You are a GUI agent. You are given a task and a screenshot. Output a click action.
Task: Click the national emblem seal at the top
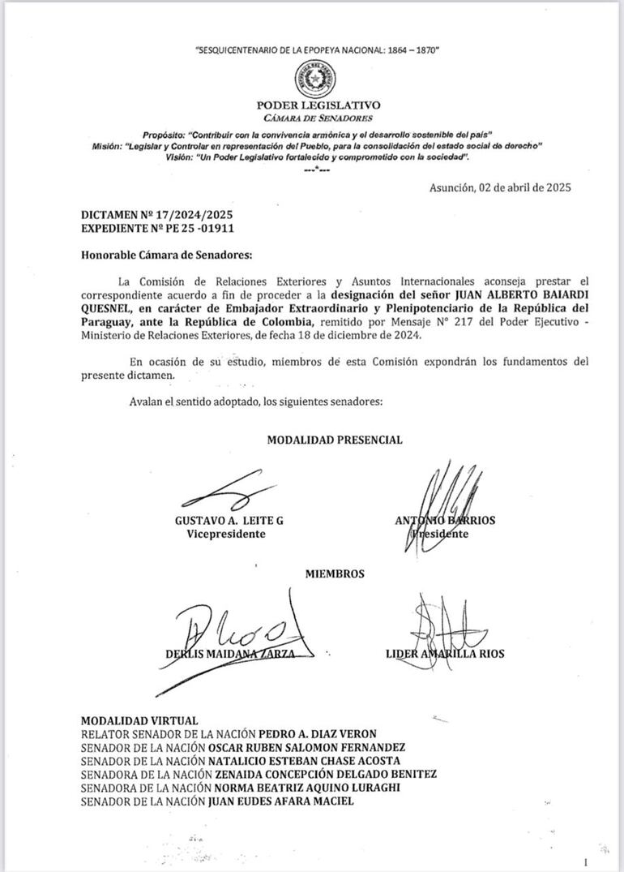tap(317, 80)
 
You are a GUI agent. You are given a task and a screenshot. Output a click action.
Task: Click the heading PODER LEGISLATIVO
tap(318, 105)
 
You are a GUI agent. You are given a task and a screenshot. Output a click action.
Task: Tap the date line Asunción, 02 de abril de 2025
tap(500, 187)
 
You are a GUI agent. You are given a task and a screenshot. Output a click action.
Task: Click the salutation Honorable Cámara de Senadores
tap(167, 254)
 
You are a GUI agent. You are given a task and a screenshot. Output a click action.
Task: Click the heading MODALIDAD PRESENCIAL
tap(335, 440)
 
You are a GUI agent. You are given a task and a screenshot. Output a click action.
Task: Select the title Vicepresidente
tap(226, 534)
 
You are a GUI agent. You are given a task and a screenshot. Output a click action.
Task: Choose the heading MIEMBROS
tap(335, 573)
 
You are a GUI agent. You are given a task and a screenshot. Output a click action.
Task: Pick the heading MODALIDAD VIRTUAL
tap(139, 720)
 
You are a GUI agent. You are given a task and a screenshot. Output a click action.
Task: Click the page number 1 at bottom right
tap(585, 862)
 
